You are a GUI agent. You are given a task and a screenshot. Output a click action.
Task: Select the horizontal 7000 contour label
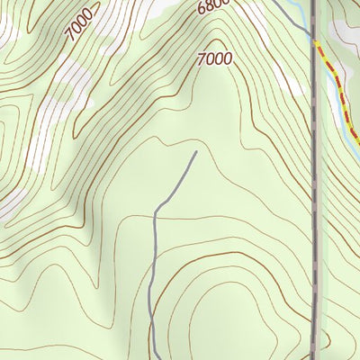214,59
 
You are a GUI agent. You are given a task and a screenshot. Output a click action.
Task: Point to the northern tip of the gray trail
196,153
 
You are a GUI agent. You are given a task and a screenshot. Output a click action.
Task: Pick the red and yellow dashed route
338,90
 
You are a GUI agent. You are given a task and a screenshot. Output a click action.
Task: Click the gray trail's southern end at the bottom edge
154,357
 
